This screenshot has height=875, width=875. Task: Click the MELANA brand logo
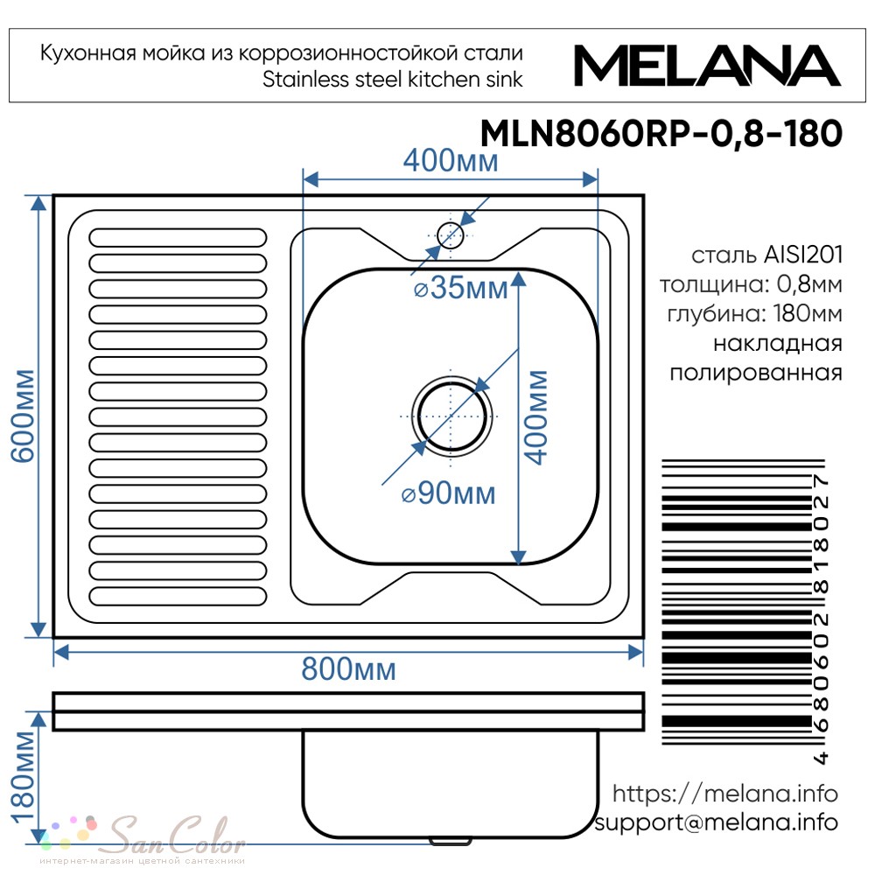point(707,66)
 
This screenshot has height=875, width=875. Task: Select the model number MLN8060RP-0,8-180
point(661,134)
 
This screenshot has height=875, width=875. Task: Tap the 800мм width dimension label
point(349,668)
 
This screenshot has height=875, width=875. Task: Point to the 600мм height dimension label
point(24,416)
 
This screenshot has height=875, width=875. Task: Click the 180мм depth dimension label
point(24,777)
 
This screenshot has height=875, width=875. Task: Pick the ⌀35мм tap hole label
point(461,288)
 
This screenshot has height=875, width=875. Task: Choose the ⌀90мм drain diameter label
point(449,493)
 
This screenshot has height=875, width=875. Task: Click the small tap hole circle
point(451,234)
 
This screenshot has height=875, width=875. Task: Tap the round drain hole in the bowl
point(452,416)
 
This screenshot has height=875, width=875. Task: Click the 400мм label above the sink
point(451,161)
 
